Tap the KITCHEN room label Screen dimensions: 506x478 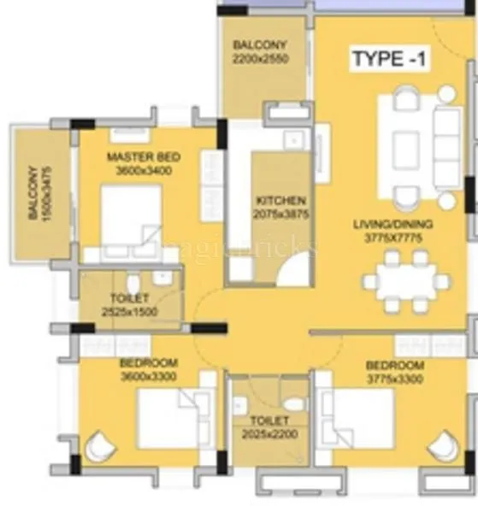280,200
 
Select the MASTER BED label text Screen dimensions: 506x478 143,157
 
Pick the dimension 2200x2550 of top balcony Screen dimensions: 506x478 260,59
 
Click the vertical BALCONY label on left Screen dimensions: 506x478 33,192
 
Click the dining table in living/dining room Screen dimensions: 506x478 405,280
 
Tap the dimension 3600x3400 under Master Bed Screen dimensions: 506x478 143,170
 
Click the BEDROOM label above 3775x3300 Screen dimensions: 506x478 394,365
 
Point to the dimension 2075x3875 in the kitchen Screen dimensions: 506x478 280,213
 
